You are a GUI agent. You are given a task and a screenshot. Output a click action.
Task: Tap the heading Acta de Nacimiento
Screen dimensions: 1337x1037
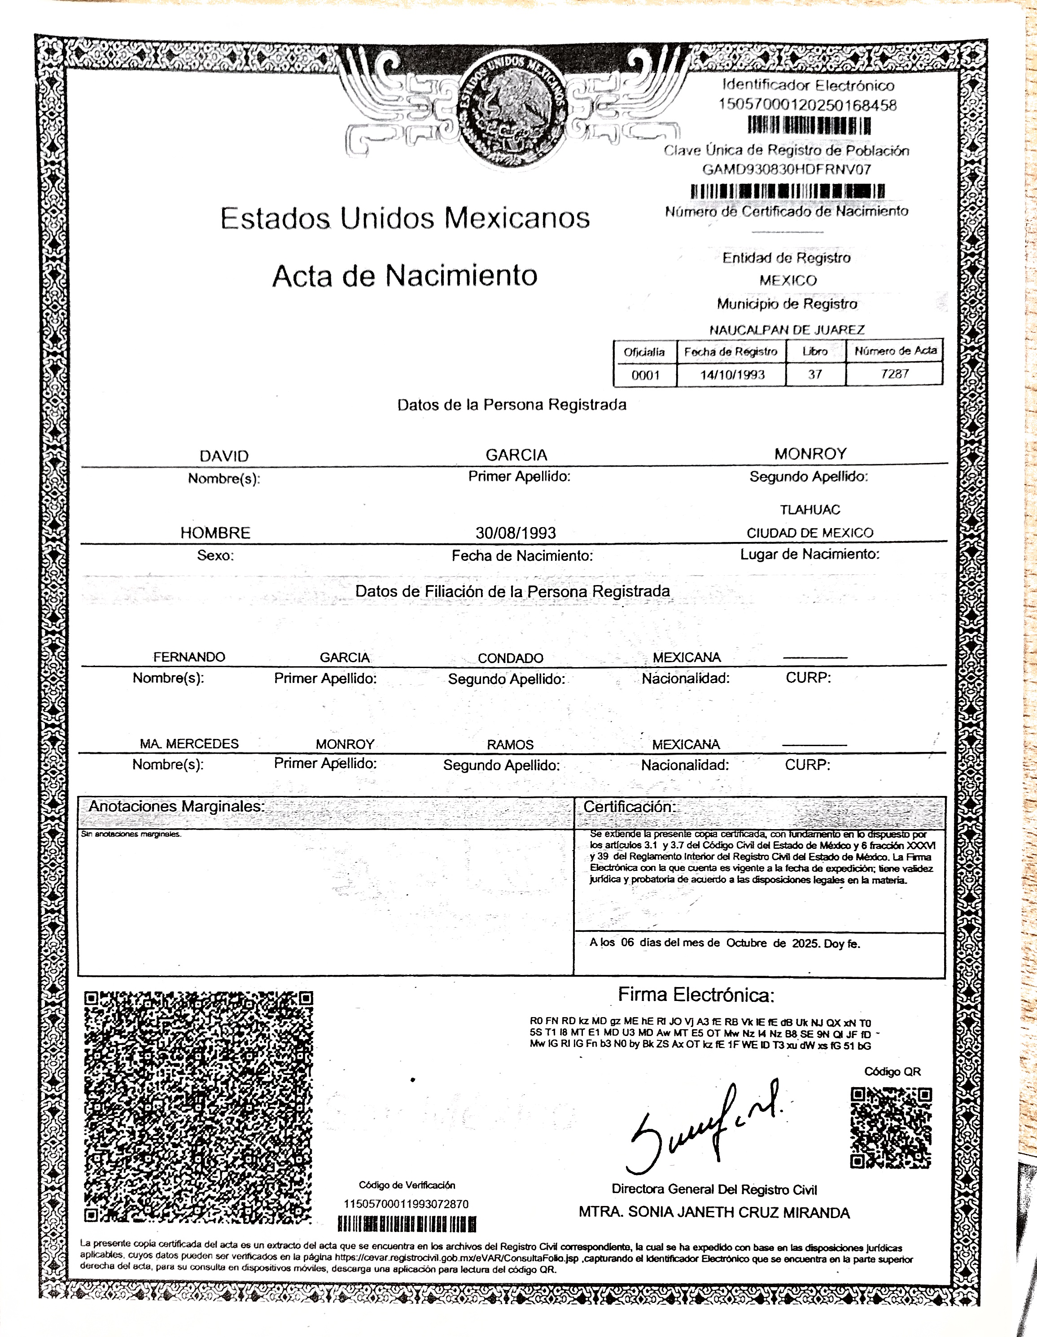pos(405,275)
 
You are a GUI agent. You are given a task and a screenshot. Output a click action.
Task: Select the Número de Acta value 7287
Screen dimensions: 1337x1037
pos(894,373)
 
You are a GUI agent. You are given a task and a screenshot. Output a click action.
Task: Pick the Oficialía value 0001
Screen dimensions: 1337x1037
pos(645,375)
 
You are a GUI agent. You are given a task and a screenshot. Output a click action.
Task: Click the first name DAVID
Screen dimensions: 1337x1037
pos(224,456)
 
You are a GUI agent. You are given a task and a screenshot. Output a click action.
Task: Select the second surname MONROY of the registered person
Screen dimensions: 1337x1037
pos(810,454)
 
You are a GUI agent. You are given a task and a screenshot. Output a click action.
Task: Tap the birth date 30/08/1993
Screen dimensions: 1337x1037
pos(516,533)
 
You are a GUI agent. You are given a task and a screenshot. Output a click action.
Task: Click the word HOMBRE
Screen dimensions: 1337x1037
pos(215,533)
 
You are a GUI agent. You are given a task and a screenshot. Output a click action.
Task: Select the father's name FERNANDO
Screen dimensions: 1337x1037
pos(189,657)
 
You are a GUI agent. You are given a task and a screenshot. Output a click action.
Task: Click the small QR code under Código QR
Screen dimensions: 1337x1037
pos(891,1127)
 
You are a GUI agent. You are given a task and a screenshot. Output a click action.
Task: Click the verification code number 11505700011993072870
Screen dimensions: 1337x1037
pos(406,1204)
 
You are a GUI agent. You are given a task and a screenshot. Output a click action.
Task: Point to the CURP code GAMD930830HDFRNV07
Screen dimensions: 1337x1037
pos(787,169)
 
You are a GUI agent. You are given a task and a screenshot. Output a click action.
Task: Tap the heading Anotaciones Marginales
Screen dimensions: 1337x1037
pos(176,806)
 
